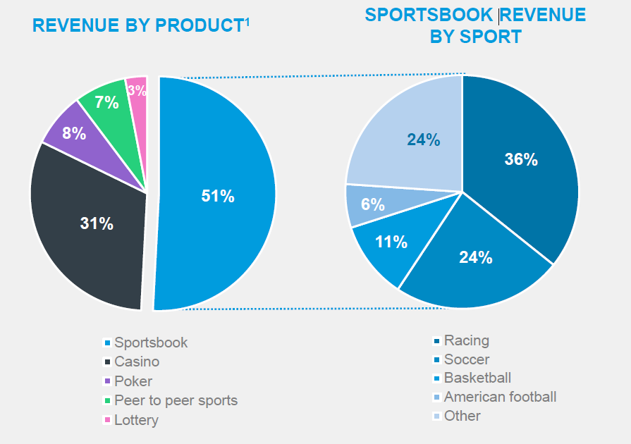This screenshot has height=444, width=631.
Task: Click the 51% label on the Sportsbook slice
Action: [218, 197]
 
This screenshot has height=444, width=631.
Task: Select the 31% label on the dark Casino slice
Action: [97, 224]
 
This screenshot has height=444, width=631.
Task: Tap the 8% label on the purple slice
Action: [74, 133]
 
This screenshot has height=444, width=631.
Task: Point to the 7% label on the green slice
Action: [107, 103]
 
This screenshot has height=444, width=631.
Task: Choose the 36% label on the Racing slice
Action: [521, 160]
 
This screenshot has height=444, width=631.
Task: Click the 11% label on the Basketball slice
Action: [391, 242]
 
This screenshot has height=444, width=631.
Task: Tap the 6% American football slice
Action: [372, 205]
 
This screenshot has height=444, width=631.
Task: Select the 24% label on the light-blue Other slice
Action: [423, 140]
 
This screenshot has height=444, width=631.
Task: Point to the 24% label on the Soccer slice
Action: [475, 258]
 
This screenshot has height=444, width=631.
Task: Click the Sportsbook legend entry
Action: [151, 343]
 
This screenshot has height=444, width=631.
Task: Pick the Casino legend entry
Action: [137, 362]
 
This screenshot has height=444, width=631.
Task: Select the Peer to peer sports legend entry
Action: [176, 400]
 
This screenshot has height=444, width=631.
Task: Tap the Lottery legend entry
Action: [136, 420]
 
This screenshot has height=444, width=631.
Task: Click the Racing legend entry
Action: [466, 340]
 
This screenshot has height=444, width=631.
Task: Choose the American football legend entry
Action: [500, 397]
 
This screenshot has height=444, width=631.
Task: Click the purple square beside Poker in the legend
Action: [107, 381]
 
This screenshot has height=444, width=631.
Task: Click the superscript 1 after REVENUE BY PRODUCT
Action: [247, 20]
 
